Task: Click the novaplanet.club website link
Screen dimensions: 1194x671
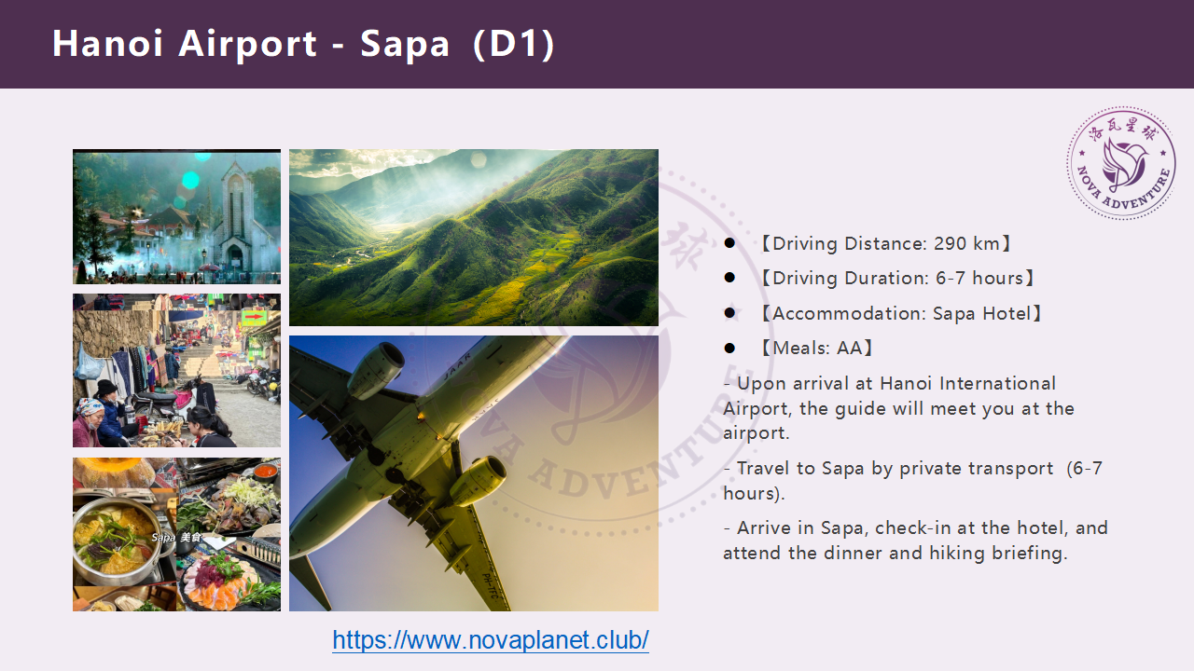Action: (x=491, y=640)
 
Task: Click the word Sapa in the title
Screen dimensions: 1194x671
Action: (x=405, y=44)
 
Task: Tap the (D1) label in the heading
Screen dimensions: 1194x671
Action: (x=514, y=44)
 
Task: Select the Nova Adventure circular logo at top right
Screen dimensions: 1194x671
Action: (x=1121, y=162)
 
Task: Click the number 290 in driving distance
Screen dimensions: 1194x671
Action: (x=950, y=244)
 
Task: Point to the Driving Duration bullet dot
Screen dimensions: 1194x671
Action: (x=729, y=278)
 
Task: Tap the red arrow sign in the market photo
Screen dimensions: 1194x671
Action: (x=255, y=318)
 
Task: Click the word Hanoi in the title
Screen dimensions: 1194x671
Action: (x=107, y=43)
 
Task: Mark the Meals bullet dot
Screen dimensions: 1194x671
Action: (x=729, y=349)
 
